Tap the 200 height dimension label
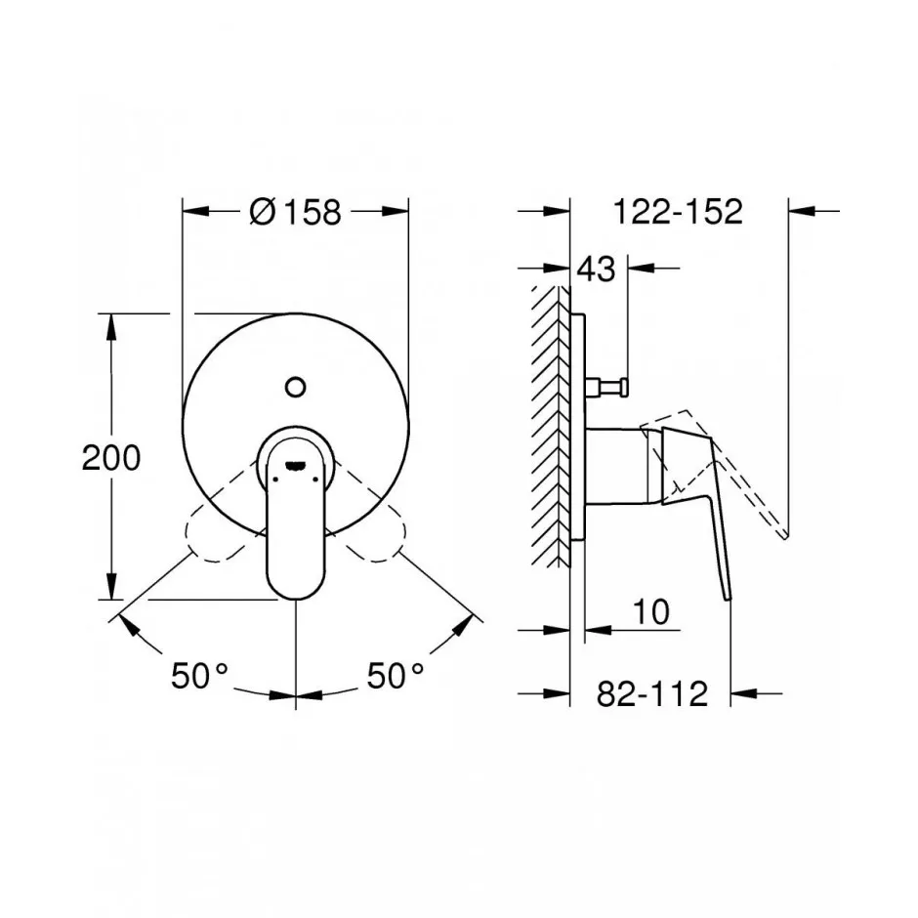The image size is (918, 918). [x=110, y=457]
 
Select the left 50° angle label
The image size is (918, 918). [x=199, y=675]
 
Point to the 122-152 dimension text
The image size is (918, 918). [x=678, y=211]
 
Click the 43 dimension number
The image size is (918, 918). [x=597, y=270]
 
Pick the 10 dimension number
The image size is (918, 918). [x=651, y=611]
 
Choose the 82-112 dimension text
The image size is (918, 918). [x=652, y=693]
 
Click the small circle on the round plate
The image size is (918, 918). [x=296, y=387]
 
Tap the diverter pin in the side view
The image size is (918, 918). [x=606, y=387]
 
